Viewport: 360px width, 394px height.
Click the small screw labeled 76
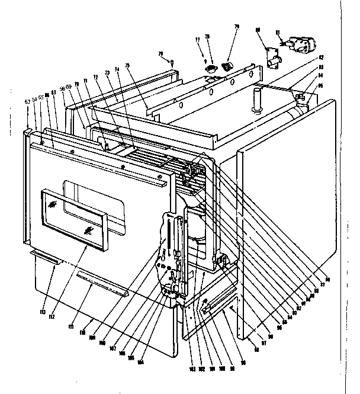click(171, 62)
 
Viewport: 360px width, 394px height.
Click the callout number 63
click(27, 101)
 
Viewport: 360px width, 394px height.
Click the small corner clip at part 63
click(28, 129)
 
